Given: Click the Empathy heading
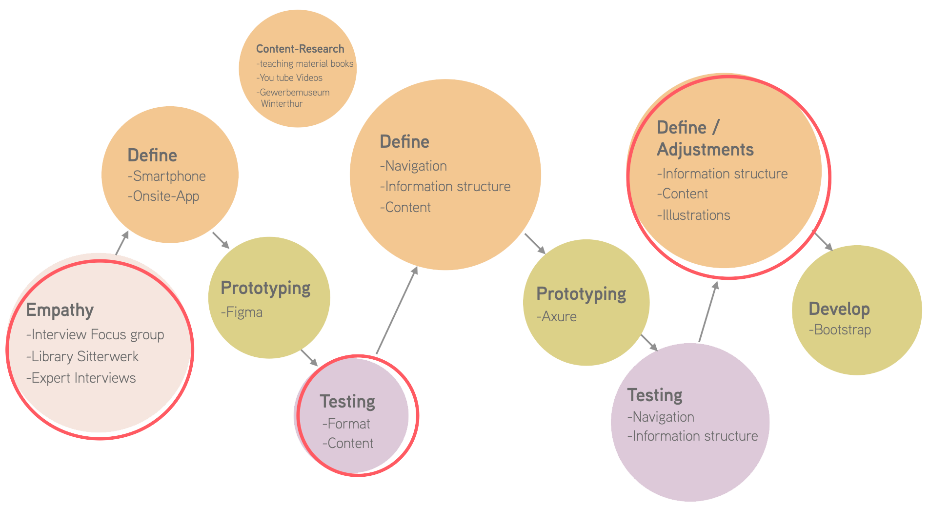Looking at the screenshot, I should pyautogui.click(x=60, y=310).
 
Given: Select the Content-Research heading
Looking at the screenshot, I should pyautogui.click(x=300, y=49).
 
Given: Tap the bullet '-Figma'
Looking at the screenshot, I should pyautogui.click(x=242, y=312).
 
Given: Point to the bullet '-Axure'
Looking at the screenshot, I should pyautogui.click(x=556, y=317).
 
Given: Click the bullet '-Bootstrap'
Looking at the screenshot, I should pyautogui.click(x=840, y=330).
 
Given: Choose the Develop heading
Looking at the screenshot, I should pyautogui.click(x=839, y=309).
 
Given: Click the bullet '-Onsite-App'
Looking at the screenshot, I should pyautogui.click(x=163, y=196).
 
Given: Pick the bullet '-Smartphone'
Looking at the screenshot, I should pyautogui.click(x=166, y=176).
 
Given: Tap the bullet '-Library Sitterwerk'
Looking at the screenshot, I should pyautogui.click(x=82, y=356).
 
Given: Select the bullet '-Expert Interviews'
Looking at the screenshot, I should pyautogui.click(x=81, y=378).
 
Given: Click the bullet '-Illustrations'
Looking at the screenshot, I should pyautogui.click(x=693, y=215).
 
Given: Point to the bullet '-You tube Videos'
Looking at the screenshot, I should pyautogui.click(x=289, y=78).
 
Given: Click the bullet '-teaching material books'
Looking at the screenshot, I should pyautogui.click(x=304, y=64).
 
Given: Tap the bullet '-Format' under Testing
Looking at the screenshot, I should pyautogui.click(x=346, y=424).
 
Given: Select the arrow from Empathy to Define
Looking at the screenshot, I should pyautogui.click(x=122, y=242).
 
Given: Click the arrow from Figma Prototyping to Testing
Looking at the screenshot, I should pyautogui.click(x=309, y=358).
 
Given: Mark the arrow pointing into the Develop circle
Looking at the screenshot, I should pyautogui.click(x=823, y=241).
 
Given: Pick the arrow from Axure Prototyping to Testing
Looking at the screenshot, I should pyautogui.click(x=649, y=343).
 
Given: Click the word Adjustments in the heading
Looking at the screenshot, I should pyautogui.click(x=705, y=150).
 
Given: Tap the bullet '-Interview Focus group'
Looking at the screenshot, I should pyautogui.click(x=95, y=335).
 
